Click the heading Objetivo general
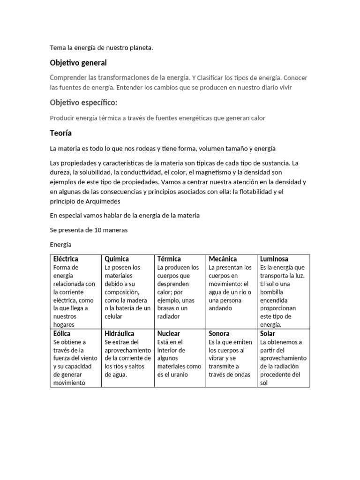pos(78,63)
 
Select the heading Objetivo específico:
pos(83,103)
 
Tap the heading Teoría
pos(61,134)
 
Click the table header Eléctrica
pos(66,259)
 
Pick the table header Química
pos(117,259)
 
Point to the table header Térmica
pos(169,259)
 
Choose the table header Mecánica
pos(223,259)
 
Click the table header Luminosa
pos(274,259)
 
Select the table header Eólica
pos(62,334)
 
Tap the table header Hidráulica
pos(120,334)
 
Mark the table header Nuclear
pos(169,334)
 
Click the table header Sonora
pos(219,334)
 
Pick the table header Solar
pos(268,334)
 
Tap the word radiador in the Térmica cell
pos(169,316)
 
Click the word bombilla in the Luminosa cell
pos(274,292)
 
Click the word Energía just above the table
pos(60,245)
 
